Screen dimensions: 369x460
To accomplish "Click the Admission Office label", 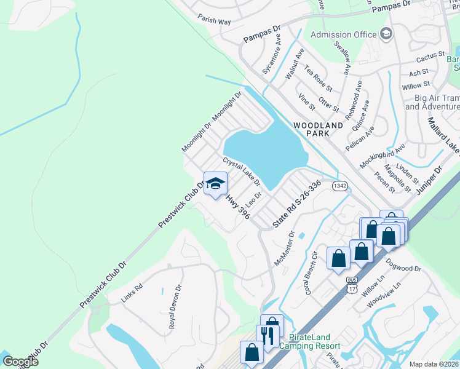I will (343, 34).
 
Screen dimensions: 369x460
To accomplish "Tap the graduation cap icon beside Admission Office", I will (386, 33).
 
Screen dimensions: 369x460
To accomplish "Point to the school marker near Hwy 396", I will (215, 184).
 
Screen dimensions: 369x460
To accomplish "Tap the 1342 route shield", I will (340, 185).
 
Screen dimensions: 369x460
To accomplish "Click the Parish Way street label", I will (215, 20).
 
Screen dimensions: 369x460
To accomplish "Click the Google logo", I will (20, 361).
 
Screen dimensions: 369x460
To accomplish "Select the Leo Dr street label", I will (254, 199).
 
